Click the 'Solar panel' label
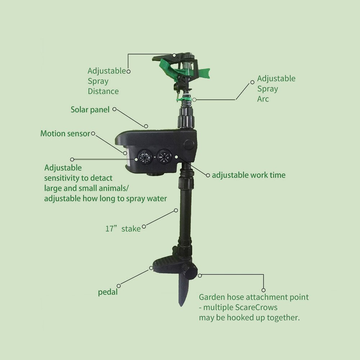90,109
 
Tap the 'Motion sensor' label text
65,134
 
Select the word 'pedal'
108,292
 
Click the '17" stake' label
123,229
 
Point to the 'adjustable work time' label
248,175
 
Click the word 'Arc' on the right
263,99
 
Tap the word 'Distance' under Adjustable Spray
103,91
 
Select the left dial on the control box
144,157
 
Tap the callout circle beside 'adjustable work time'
208,175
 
